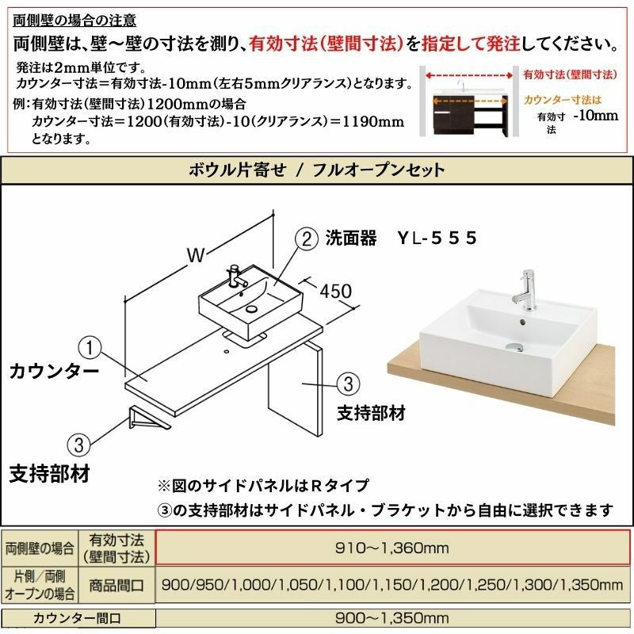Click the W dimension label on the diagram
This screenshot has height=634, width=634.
click(x=196, y=254)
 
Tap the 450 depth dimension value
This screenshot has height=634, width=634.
click(x=335, y=291)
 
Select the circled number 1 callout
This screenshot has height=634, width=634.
click(x=90, y=348)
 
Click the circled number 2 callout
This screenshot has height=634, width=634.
click(x=307, y=239)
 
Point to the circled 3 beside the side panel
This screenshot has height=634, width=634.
click(x=348, y=384)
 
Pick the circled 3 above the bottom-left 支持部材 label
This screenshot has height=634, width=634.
click(x=78, y=445)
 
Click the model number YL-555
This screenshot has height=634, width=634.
click(x=437, y=239)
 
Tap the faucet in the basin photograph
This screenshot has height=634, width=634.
click(x=525, y=290)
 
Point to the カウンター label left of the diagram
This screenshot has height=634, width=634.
click(x=54, y=371)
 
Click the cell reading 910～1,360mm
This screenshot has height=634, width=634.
click(x=391, y=548)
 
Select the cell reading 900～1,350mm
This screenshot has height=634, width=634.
click(x=391, y=618)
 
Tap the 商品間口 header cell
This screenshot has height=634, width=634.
click(x=116, y=585)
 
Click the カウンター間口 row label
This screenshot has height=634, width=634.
click(x=77, y=618)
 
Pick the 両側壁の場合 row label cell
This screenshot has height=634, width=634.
click(x=40, y=548)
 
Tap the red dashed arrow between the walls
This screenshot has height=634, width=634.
click(x=469, y=75)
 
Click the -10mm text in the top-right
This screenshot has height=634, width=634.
click(x=596, y=116)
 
